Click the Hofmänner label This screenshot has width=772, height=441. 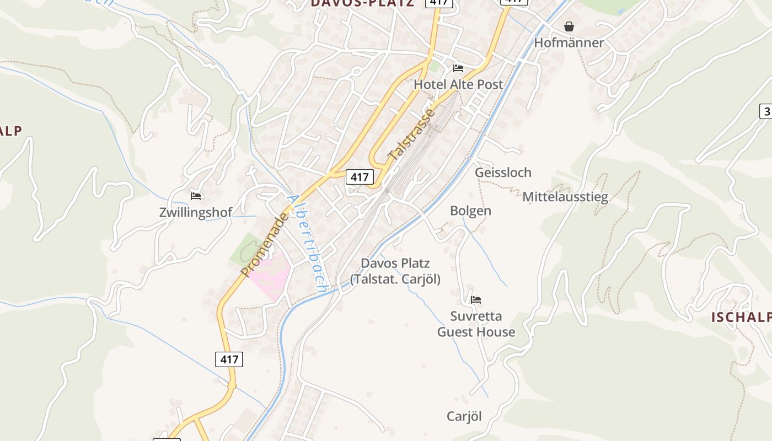click(569, 42)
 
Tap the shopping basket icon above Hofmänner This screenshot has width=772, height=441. click(569, 26)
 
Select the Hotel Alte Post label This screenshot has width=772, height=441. click(458, 84)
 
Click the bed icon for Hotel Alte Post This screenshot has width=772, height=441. click(458, 68)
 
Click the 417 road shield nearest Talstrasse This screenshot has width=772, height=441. click(360, 177)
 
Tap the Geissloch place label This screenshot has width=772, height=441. click(503, 173)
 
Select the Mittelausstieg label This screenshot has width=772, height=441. click(565, 197)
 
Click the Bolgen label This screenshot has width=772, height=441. click(470, 211)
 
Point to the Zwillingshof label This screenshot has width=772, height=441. click(196, 212)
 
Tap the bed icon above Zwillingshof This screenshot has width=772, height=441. click(196, 196)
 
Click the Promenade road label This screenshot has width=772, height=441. click(265, 245)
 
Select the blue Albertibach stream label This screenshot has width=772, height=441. click(308, 243)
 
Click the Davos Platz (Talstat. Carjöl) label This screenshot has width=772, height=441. click(395, 271)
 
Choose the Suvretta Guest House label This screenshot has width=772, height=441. click(476, 324)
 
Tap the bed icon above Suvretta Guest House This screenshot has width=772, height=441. click(476, 300)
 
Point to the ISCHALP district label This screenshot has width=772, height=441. click(741, 317)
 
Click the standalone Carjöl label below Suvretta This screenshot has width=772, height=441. click(464, 417)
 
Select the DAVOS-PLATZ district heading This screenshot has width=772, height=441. click(362, 3)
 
